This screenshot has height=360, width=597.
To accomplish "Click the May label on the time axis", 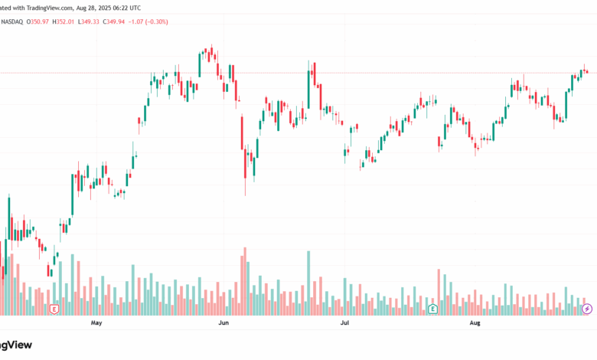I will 96,323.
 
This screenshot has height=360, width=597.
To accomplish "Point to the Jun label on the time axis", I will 223,323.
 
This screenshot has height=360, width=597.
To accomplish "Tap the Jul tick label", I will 345,323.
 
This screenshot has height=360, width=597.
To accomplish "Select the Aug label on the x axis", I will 475,323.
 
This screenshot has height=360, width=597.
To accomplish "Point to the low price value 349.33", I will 107,21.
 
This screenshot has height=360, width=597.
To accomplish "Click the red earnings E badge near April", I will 54,309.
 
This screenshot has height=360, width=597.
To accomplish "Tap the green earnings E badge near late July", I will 433,309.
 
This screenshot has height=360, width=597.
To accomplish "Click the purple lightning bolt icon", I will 587,309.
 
